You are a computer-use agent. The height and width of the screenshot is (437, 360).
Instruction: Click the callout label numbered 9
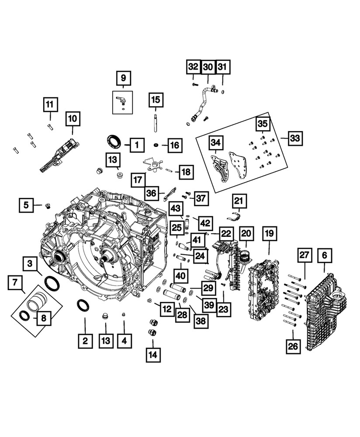[x=123, y=78]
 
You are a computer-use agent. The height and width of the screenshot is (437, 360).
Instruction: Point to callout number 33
[x=295, y=139]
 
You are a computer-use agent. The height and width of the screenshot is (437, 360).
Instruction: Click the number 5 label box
[x=26, y=204]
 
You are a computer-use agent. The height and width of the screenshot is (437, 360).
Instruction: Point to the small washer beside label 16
[x=156, y=145]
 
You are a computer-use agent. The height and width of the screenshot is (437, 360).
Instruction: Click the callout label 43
[x=176, y=209]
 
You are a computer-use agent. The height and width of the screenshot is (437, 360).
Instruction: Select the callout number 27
[x=305, y=255]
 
